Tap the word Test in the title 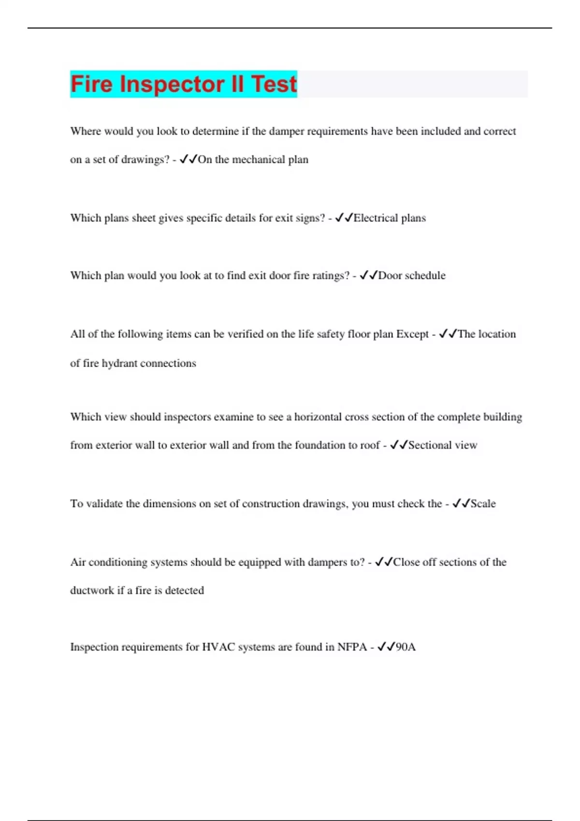pyautogui.click(x=274, y=84)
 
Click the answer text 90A pyautogui.click(x=406, y=647)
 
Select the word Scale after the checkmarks pyautogui.click(x=483, y=504)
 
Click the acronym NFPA pyautogui.click(x=352, y=647)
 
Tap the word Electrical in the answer pyautogui.click(x=376, y=218)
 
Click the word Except pyautogui.click(x=412, y=334)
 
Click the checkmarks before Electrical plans pyautogui.click(x=344, y=218)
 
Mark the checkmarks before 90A pyautogui.click(x=386, y=647)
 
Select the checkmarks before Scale pyautogui.click(x=461, y=504)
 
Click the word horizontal pyautogui.click(x=318, y=417)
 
